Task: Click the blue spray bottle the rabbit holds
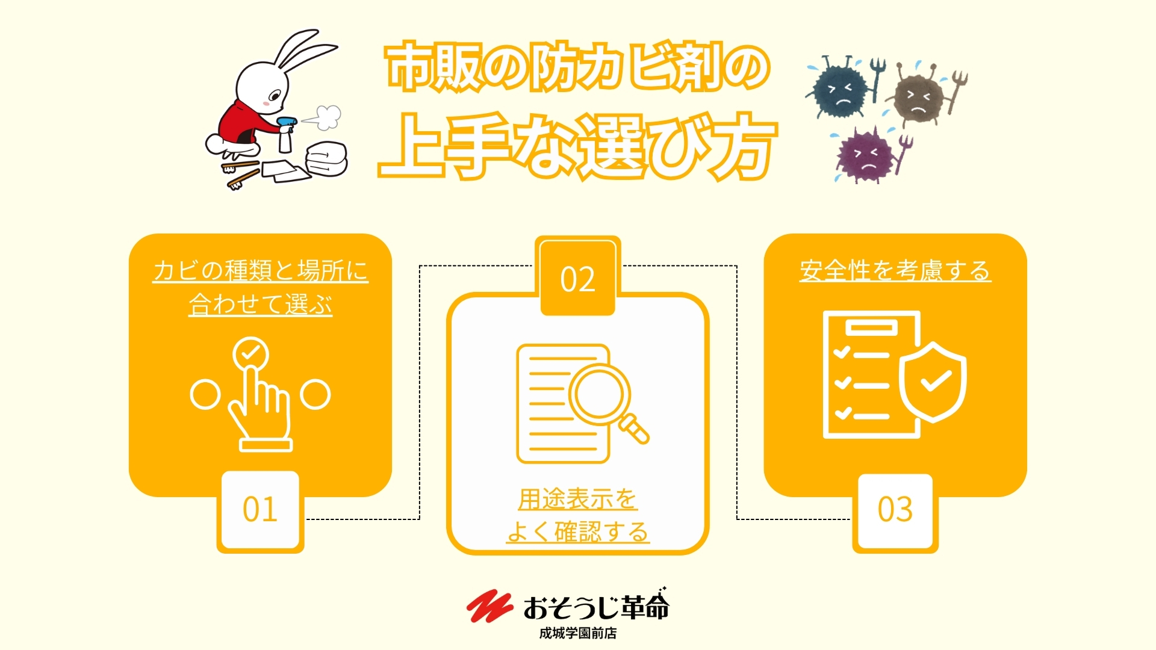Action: (285, 134)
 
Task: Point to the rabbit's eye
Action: (274, 95)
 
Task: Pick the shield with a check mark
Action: (933, 382)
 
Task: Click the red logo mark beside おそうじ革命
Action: (489, 605)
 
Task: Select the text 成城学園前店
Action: (578, 633)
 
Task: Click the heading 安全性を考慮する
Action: (895, 270)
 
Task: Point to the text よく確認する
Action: (577, 531)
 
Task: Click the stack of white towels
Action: (326, 159)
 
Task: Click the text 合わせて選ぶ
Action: (260, 304)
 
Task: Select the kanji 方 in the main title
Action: (738, 147)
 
